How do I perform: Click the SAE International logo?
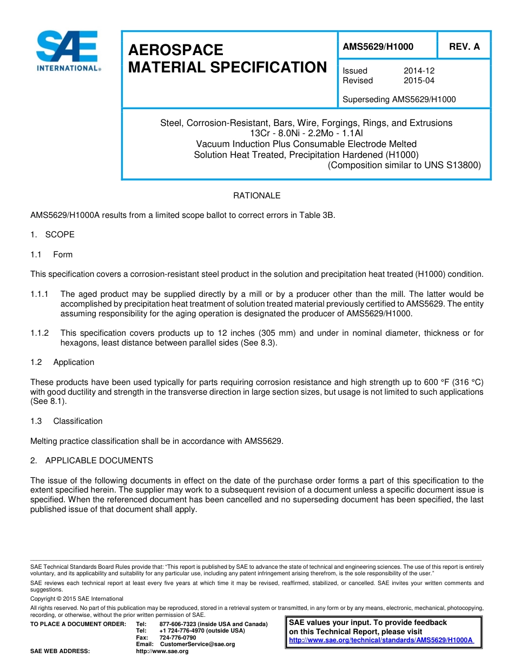[x=67, y=51]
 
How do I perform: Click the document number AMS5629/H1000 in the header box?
[x=378, y=47]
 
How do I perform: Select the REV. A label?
[x=464, y=47]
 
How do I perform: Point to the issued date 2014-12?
[x=419, y=71]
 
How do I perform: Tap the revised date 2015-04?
[x=419, y=81]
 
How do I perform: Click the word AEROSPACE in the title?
[x=175, y=50]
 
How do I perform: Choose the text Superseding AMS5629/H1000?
[x=399, y=99]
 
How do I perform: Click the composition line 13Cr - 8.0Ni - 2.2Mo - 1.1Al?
[x=306, y=134]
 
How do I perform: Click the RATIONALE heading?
[x=256, y=196]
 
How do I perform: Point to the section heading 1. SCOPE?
[x=52, y=235]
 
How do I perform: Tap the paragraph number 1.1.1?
[x=39, y=295]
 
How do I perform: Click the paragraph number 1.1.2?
[x=39, y=334]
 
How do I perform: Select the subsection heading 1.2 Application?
[x=62, y=362]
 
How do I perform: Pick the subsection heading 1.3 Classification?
[x=67, y=421]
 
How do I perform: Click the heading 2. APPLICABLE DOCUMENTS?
[x=91, y=461]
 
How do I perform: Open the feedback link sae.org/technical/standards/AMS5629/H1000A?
[x=381, y=640]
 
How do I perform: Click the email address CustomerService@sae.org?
[x=197, y=644]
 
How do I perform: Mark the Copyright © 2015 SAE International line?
[x=77, y=599]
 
